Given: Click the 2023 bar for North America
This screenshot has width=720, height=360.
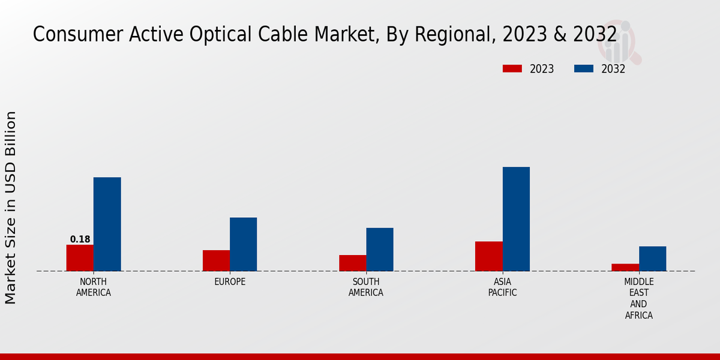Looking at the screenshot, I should click(x=80, y=258).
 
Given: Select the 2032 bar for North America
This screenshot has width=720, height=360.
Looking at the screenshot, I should click(x=107, y=224).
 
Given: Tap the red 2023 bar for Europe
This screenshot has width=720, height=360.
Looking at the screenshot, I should click(x=216, y=260).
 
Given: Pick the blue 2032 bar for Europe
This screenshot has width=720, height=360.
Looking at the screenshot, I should click(x=243, y=244).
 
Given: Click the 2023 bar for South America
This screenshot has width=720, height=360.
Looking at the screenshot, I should click(x=352, y=263).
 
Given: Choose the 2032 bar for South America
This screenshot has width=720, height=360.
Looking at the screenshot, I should click(x=380, y=250).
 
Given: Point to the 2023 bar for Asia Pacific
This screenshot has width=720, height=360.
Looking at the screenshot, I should click(x=488, y=256).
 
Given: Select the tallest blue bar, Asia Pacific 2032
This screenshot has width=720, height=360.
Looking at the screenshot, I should click(x=516, y=219).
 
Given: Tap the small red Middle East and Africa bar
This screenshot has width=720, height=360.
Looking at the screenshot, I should click(x=625, y=268).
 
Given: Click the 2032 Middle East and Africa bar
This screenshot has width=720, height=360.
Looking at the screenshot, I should click(x=652, y=259).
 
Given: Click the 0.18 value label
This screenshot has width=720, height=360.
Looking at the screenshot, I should click(x=80, y=239).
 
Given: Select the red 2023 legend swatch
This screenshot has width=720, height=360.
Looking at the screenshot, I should click(x=512, y=69).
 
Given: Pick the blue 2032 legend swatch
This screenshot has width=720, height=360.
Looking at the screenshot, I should click(x=584, y=69).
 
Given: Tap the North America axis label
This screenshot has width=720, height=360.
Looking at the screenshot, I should click(x=94, y=287).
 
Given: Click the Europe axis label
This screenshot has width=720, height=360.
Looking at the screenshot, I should click(x=230, y=282).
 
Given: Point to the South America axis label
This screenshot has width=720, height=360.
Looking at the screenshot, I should click(x=366, y=287).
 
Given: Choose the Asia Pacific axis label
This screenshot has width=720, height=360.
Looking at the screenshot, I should click(x=502, y=287).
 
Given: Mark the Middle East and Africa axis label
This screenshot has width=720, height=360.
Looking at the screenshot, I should click(x=639, y=298).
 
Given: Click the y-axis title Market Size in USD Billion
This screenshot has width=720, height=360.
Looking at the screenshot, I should click(x=11, y=207).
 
